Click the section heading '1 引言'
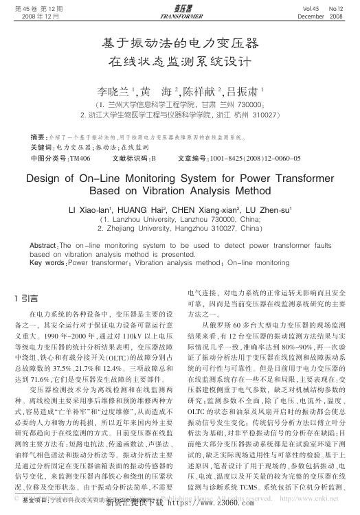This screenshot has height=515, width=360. [x=27, y=298]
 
